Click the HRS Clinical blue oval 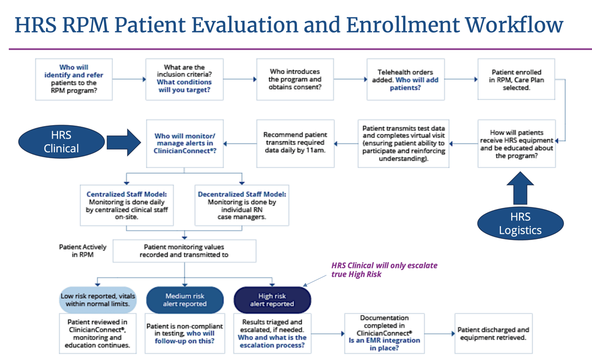(62, 142)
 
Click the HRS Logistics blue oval (520, 223)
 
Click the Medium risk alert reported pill (185, 300)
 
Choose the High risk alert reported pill (272, 300)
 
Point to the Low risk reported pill (98, 300)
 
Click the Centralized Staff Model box (127, 205)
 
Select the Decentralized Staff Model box (242, 205)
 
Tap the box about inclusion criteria (184, 79)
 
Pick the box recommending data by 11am (295, 142)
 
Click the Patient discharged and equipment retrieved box (493, 334)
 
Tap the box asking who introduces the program (295, 79)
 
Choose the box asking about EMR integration (384, 334)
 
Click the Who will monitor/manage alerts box (184, 143)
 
